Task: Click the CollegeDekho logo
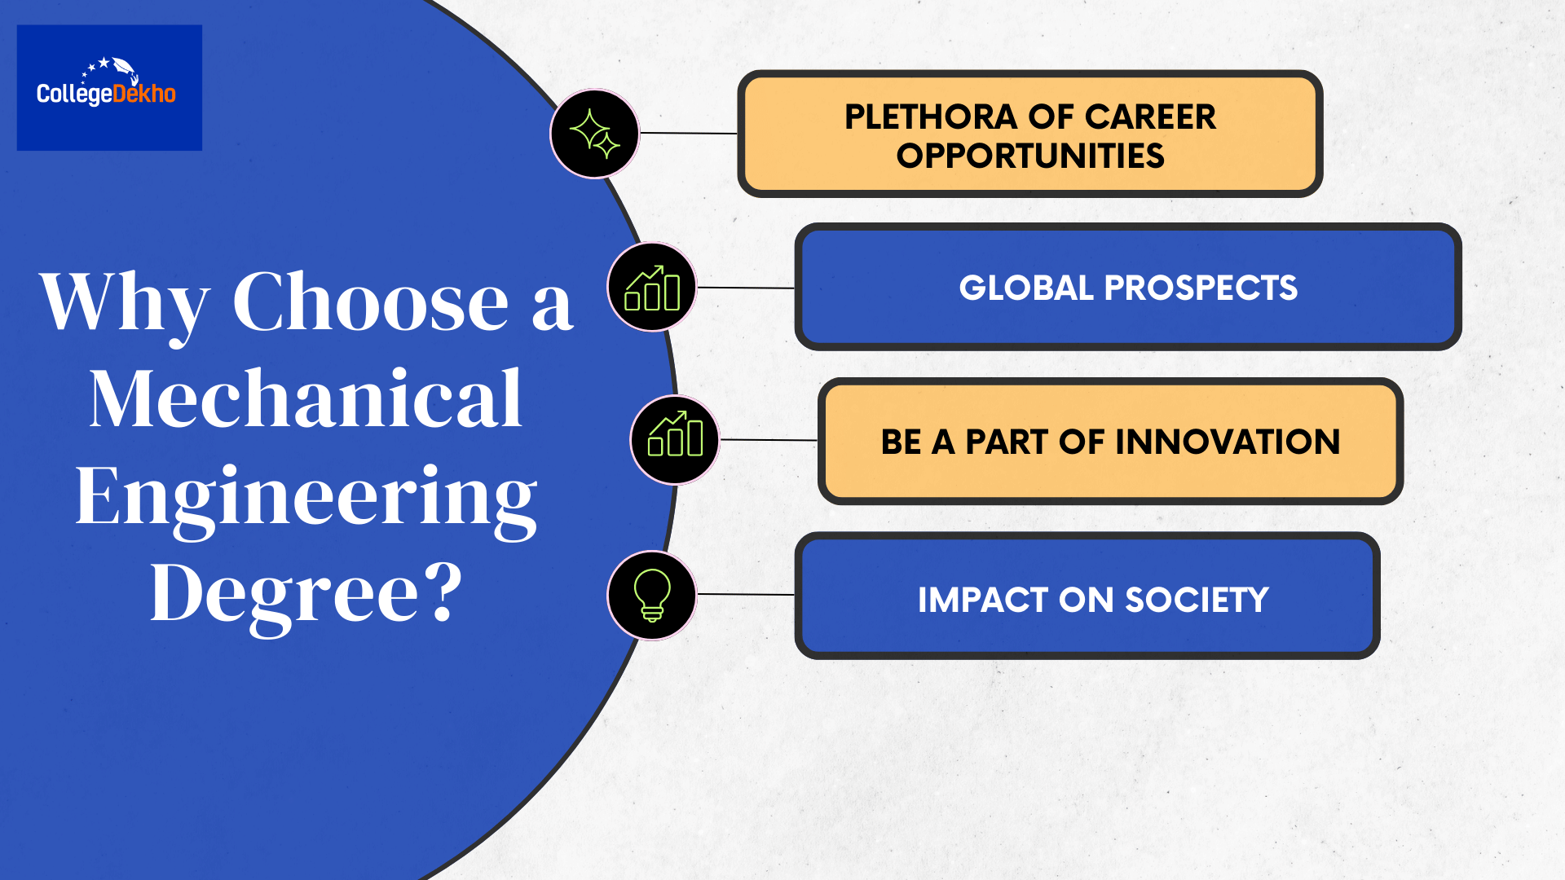tap(108, 87)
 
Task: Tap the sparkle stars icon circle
tap(594, 134)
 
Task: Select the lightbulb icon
tap(652, 596)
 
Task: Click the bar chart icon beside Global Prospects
tap(652, 287)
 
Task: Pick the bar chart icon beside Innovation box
tap(675, 440)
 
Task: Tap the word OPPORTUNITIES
tap(1030, 156)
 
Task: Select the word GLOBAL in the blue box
tap(1025, 288)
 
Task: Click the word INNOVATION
tap(1228, 442)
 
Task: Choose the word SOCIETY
tap(1197, 601)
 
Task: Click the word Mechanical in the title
tap(306, 399)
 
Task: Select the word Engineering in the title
tap(306, 497)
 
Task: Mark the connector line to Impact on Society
tap(746, 595)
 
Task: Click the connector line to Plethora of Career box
tap(689, 133)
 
